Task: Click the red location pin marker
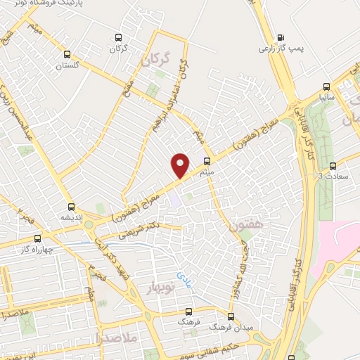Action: click(x=181, y=165)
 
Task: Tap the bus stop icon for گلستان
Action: click(x=67, y=54)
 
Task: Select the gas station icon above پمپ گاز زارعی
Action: click(x=281, y=37)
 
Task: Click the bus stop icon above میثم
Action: click(x=205, y=160)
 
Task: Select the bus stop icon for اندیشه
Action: click(x=71, y=207)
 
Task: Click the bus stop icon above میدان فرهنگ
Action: click(x=231, y=316)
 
